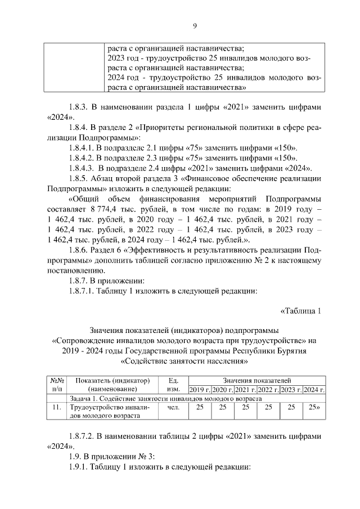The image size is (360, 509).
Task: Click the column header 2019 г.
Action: pos(200,390)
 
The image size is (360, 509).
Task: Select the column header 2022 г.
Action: pos(268,390)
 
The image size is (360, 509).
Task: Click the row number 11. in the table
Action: pos(56,407)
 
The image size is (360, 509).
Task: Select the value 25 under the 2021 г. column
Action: pos(245,407)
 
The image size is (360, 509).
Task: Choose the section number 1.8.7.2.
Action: pos(84,436)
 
